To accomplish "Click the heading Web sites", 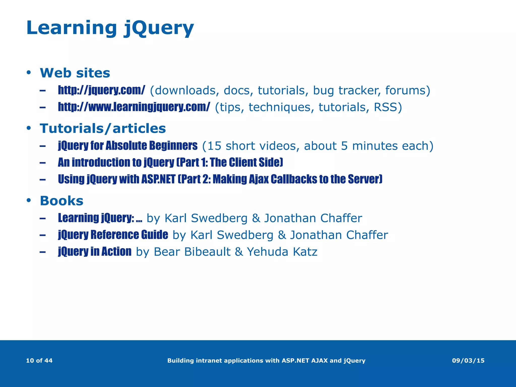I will click(75, 73).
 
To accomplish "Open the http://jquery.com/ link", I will click(102, 90).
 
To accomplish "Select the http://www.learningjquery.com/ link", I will click(134, 107).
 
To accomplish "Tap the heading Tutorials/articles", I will click(103, 128).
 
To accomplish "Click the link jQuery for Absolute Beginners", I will click(127, 146).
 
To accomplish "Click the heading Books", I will click(61, 201).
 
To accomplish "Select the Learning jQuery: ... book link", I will click(100, 218).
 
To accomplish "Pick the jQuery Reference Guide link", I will click(113, 235).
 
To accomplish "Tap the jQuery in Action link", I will click(94, 252).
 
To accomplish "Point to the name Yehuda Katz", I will click(282, 252).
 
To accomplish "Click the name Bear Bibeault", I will click(192, 252).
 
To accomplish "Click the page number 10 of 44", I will click(39, 361).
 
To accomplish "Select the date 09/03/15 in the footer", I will click(468, 361).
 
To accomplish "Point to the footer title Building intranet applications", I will click(266, 361).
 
